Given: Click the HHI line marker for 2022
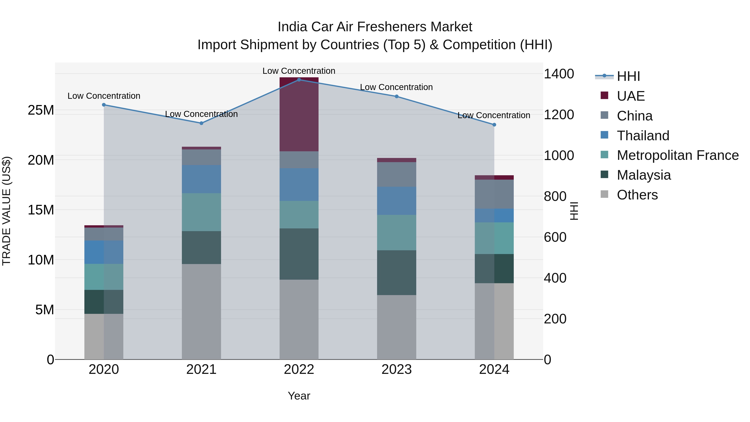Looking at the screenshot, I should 299,80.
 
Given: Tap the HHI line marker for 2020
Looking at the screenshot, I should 104,105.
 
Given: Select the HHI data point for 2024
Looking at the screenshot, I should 494,125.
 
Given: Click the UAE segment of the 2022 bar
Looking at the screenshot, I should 299,114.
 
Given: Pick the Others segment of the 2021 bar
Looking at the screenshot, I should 201,312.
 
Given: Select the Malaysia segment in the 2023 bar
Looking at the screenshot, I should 396,273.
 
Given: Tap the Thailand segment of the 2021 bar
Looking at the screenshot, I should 201,179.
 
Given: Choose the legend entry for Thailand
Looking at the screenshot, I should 643,136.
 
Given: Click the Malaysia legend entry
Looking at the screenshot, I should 644,175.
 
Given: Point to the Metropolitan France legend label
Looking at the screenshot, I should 677,155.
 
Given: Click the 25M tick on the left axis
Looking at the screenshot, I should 41,110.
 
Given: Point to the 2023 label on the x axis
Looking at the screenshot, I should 396,369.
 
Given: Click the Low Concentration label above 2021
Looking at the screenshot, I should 201,114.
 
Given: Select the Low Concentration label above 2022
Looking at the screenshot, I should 299,71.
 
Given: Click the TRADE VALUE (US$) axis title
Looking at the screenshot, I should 6,211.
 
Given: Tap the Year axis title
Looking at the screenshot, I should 299,396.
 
